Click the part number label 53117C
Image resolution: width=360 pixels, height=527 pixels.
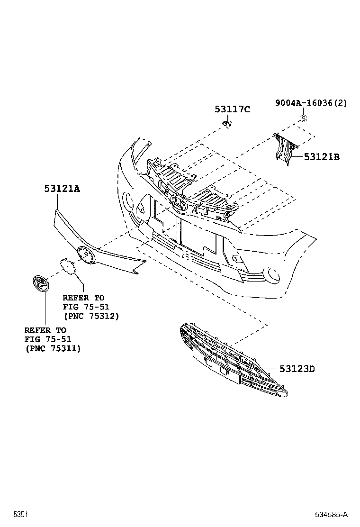[x=232, y=109]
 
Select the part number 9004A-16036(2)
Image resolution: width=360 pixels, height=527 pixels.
[x=311, y=103]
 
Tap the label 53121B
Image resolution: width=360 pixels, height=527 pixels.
[x=322, y=157]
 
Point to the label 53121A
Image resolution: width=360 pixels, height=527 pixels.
[x=62, y=188]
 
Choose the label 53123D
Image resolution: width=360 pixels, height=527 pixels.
[x=297, y=368]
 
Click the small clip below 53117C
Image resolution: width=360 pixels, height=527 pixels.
[x=228, y=125]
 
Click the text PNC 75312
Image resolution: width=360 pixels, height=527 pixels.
[x=90, y=316]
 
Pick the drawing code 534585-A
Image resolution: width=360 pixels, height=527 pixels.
[x=332, y=514]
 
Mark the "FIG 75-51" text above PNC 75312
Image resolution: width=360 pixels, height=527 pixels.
[x=86, y=307]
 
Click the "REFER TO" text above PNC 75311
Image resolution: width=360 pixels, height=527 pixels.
[x=45, y=330]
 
